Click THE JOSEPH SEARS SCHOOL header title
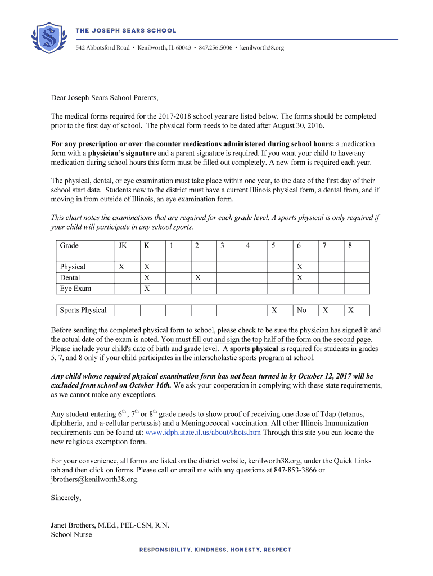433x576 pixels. coord(126,30)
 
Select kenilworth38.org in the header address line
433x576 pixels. coord(262,48)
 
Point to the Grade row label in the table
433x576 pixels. coord(69,246)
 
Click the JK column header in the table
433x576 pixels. coord(123,246)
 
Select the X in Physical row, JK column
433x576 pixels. coord(121,267)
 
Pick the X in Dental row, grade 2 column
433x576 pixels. coord(197,277)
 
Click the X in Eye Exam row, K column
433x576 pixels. coord(147,288)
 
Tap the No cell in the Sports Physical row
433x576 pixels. coord(301,310)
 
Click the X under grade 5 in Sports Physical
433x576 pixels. coord(274,310)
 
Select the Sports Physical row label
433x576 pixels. coord(83,310)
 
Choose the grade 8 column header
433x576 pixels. coord(350,246)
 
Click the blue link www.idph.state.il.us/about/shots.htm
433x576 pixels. coord(203,433)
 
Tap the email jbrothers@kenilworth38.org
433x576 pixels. coord(94,480)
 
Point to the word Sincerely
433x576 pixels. coord(66,498)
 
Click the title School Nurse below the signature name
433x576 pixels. coord(71,534)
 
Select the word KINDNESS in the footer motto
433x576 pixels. coord(211,550)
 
